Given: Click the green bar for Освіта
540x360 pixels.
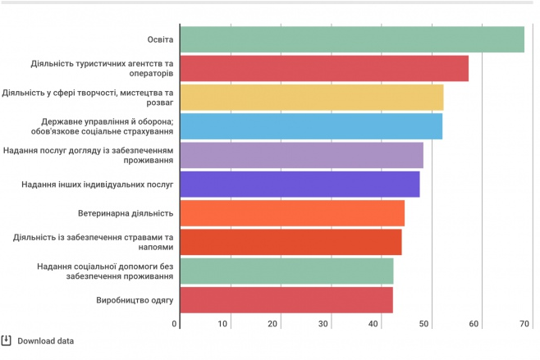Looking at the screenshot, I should pyautogui.click(x=351, y=39).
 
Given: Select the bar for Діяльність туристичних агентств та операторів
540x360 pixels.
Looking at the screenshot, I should pyautogui.click(x=323, y=69).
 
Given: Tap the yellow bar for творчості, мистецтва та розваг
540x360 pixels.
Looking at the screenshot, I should pyautogui.click(x=311, y=98).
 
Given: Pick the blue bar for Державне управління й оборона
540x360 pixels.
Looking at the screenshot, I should pyautogui.click(x=310, y=126).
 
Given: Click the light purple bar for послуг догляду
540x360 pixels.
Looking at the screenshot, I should pyautogui.click(x=301, y=155).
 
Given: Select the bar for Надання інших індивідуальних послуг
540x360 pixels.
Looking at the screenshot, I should pyautogui.click(x=300, y=185).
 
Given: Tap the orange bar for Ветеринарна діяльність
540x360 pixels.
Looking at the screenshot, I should pyautogui.click(x=291, y=213).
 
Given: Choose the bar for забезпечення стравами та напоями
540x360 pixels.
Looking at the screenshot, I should pyautogui.click(x=291, y=242).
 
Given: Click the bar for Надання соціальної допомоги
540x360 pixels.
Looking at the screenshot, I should pyautogui.click(x=286, y=271).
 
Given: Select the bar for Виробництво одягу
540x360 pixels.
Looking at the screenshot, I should pyautogui.click(x=286, y=300).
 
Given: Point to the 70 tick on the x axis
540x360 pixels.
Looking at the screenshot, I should pyautogui.click(x=524, y=325).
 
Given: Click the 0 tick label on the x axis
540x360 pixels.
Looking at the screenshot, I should pyautogui.click(x=176, y=325).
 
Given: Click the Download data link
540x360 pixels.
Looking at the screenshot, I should pyautogui.click(x=45, y=341).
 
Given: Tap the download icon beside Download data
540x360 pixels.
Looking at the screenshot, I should pyautogui.click(x=7, y=340).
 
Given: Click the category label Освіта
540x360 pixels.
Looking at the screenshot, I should pyautogui.click(x=160, y=39).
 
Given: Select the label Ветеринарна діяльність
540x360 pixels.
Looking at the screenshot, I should pyautogui.click(x=126, y=213).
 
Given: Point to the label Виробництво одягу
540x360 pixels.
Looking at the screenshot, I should pyautogui.click(x=135, y=300).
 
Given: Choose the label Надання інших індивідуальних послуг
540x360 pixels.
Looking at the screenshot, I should pyautogui.click(x=98, y=185).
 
